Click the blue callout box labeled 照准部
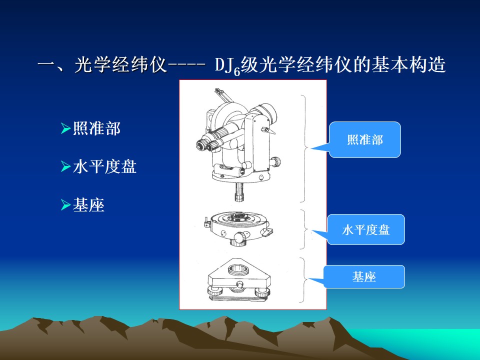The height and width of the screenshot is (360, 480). coord(364,140)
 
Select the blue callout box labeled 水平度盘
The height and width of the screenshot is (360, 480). coord(366,229)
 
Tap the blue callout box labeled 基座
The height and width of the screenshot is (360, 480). coord(364,276)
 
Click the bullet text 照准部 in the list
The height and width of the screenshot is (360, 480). coord(96,128)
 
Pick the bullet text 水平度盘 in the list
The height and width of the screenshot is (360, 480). coord(104,166)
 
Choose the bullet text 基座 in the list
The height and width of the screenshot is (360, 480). coord(89,205)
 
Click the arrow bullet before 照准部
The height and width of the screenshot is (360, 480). coord(65,128)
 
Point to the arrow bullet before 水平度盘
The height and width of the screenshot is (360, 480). coord(65,167)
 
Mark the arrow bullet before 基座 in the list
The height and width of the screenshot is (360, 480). coord(65,205)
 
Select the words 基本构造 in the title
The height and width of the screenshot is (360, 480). coord(408,65)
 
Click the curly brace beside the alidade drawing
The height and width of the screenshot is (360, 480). coord(304,149)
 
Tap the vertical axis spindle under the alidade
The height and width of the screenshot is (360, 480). coord(239,191)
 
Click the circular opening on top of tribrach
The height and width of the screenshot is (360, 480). coord(238,269)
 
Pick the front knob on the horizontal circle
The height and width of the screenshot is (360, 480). coord(239,236)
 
